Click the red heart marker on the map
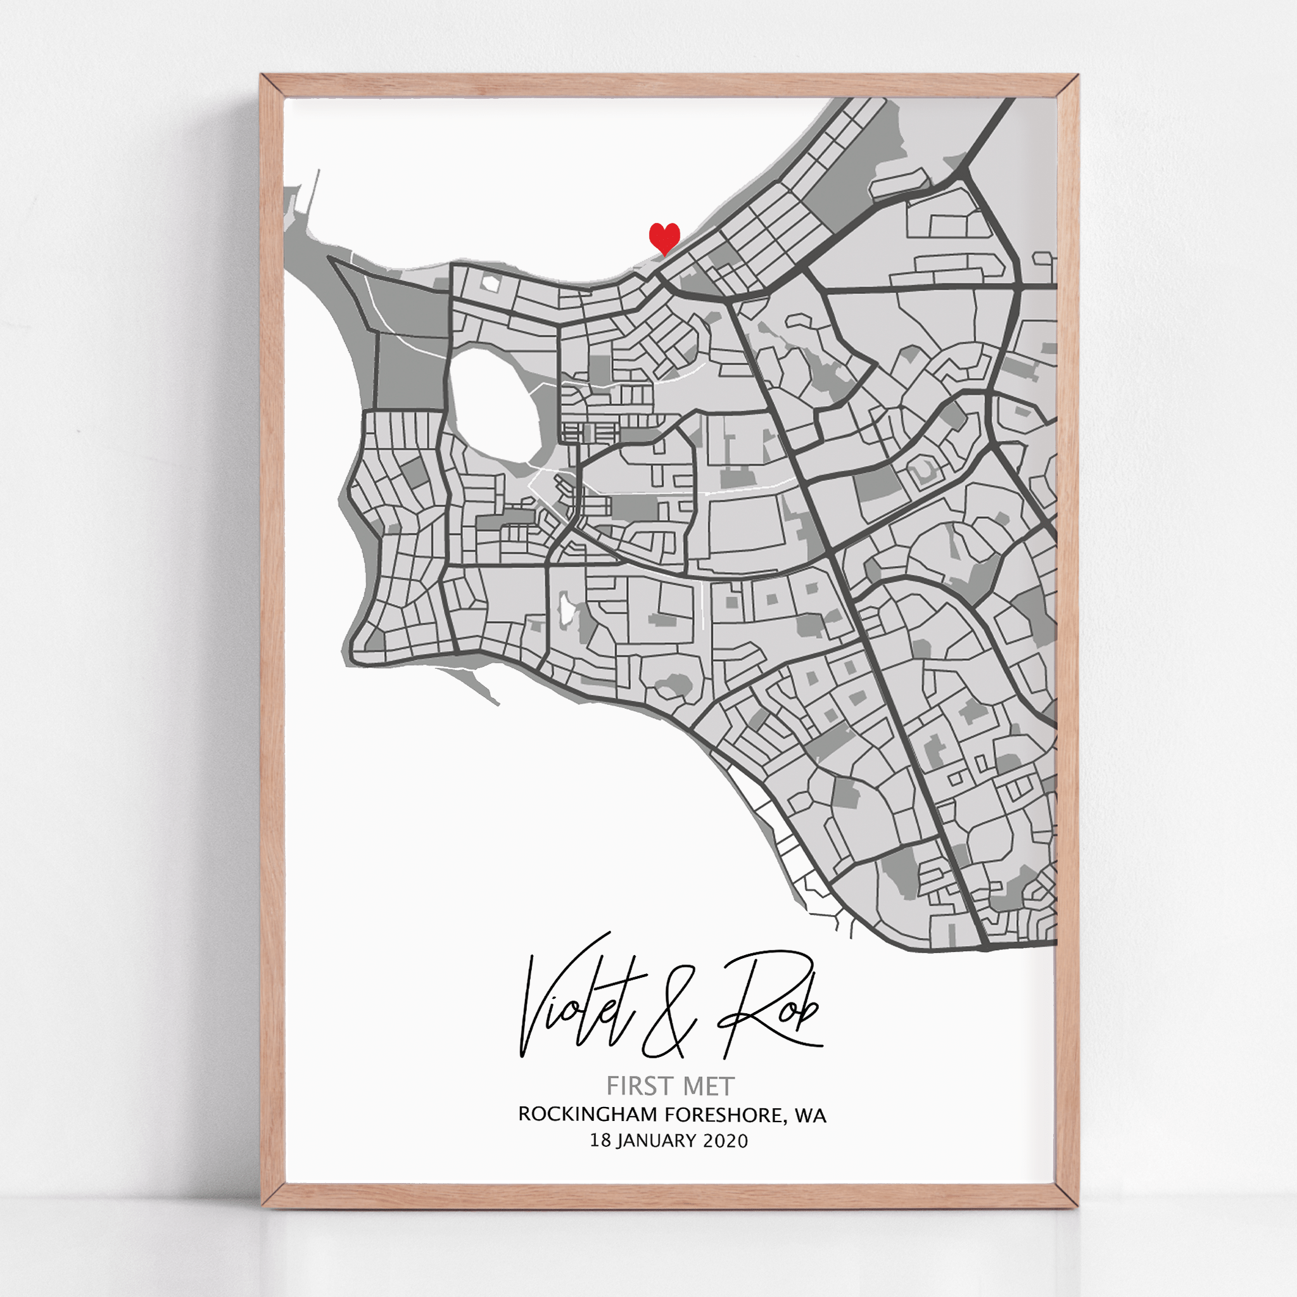click(x=664, y=237)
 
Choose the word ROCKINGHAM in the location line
click(x=588, y=1115)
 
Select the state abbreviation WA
click(x=810, y=1115)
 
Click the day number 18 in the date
click(x=600, y=1141)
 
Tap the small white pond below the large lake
click(x=566, y=608)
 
